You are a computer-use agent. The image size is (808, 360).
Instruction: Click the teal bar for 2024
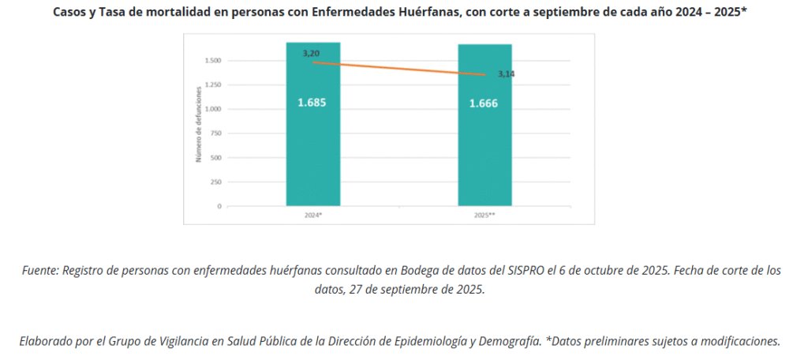pos(312,150)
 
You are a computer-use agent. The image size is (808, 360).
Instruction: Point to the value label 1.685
pos(312,103)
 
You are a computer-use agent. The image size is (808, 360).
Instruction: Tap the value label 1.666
pos(484,103)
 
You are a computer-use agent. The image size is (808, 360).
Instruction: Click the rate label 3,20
pos(311,53)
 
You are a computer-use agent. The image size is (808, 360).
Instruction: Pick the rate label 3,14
pos(506,73)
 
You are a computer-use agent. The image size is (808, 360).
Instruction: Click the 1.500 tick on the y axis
pos(212,60)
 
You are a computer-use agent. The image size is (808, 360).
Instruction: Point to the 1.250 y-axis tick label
pos(212,84)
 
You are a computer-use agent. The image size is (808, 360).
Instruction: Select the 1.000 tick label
pos(212,109)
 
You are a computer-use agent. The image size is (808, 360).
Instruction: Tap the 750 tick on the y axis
pos(215,133)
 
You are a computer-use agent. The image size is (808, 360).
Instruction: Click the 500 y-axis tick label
pos(215,157)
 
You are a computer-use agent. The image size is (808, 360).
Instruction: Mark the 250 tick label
pos(215,182)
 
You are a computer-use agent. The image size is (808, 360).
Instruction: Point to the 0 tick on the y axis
pos(219,206)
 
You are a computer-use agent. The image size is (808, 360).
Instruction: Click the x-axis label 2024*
pos(313,215)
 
